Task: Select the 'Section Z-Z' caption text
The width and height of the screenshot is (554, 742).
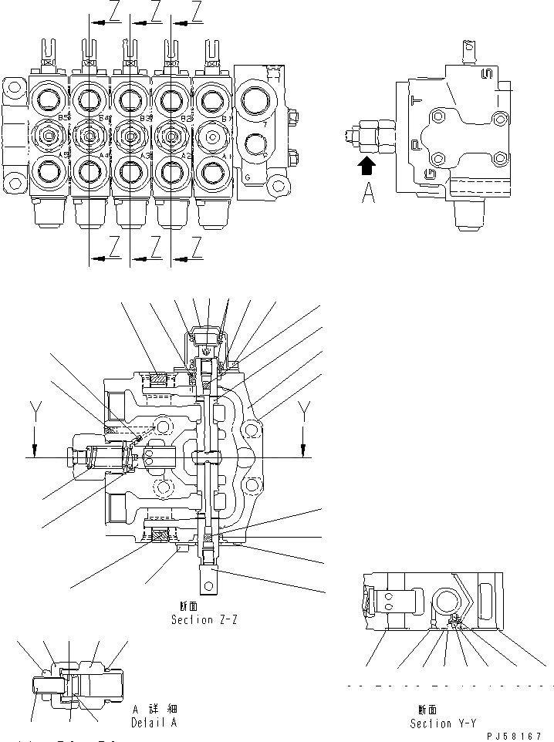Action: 204,619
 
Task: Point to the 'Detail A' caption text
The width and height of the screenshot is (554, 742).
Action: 154,723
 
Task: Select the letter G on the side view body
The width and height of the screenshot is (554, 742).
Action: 429,172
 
